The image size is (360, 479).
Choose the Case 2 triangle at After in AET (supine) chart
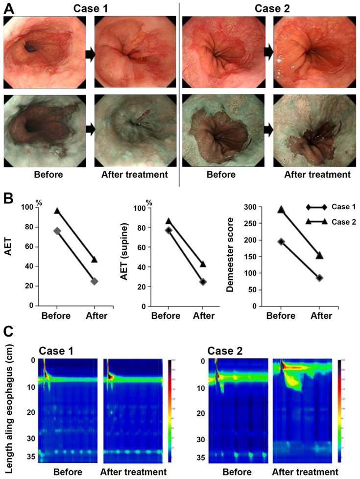203,264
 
